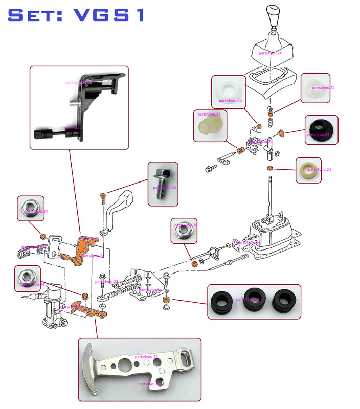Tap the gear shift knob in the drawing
coord(273,17)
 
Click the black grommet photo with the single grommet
coord(322,132)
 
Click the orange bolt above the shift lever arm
coord(102,196)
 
